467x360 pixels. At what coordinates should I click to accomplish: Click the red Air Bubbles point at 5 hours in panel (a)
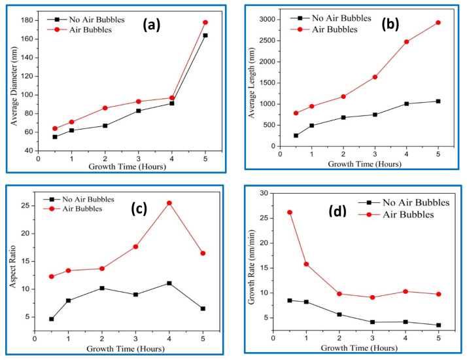205,22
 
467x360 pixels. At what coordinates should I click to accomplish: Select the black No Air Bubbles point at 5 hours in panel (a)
205,35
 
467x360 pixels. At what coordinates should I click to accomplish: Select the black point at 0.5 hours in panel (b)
296,135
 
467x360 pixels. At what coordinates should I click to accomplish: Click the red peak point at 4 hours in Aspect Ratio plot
169,203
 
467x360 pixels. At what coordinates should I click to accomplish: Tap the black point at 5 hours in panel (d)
438,325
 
